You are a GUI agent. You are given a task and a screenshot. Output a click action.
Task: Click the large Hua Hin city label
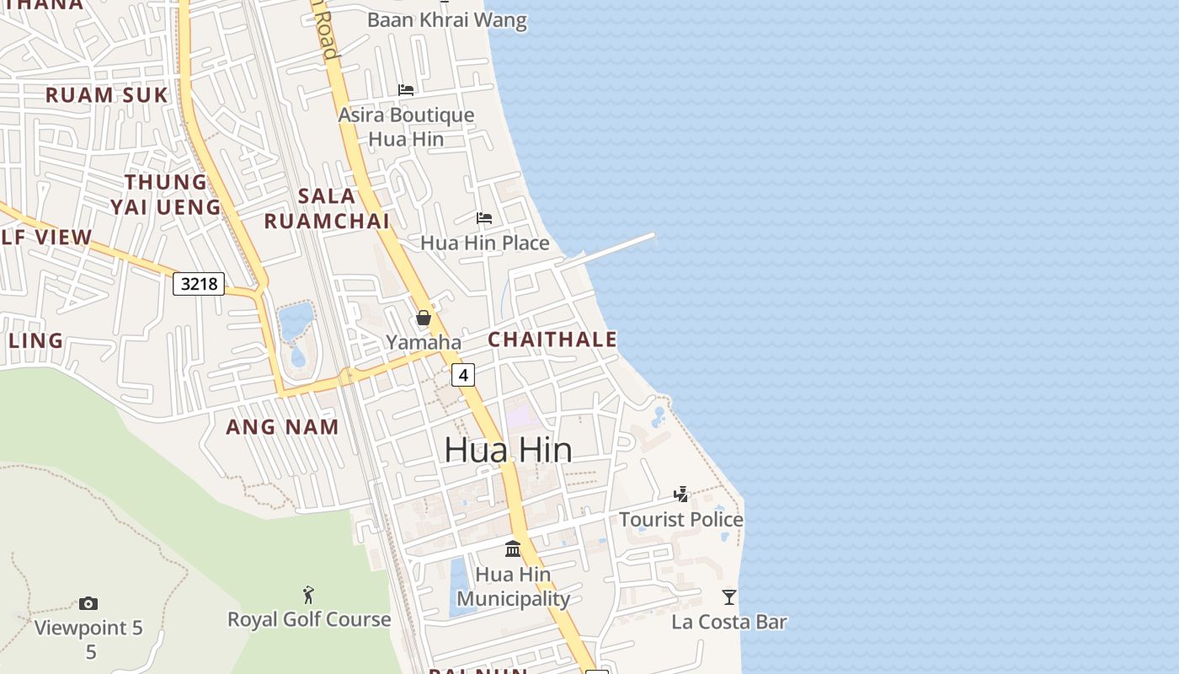pos(508,450)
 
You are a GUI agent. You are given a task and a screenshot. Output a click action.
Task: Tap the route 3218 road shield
pos(200,284)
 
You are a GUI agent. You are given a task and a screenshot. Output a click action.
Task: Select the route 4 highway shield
pos(463,375)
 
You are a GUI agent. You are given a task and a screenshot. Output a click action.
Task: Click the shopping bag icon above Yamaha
pos(424,318)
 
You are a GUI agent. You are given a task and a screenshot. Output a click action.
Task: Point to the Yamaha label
pos(424,342)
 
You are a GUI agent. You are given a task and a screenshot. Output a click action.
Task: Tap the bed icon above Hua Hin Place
pos(484,218)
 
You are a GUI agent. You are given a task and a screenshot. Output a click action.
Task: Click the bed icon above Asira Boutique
pos(406,90)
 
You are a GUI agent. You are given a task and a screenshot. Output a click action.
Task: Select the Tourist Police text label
pos(681,519)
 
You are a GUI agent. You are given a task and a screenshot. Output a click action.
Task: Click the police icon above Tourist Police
pos(681,495)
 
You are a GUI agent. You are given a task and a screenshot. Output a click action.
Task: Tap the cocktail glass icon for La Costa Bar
pos(729,597)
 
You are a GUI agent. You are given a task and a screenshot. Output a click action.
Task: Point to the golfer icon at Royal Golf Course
pos(308,595)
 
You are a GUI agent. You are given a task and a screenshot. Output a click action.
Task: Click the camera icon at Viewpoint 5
pos(88,603)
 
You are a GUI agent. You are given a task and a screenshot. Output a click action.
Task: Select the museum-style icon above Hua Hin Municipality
pos(513,549)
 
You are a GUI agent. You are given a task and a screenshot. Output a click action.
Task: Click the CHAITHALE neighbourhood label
pos(552,340)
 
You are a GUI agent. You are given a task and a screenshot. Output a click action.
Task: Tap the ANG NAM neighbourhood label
pos(282,427)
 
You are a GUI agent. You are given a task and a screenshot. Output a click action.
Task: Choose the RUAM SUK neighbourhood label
pos(107,95)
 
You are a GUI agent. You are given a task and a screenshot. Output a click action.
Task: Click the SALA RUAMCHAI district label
pos(327,209)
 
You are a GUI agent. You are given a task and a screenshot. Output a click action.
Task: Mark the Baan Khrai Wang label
pos(447,20)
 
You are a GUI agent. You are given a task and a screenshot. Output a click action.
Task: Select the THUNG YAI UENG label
pos(165,195)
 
